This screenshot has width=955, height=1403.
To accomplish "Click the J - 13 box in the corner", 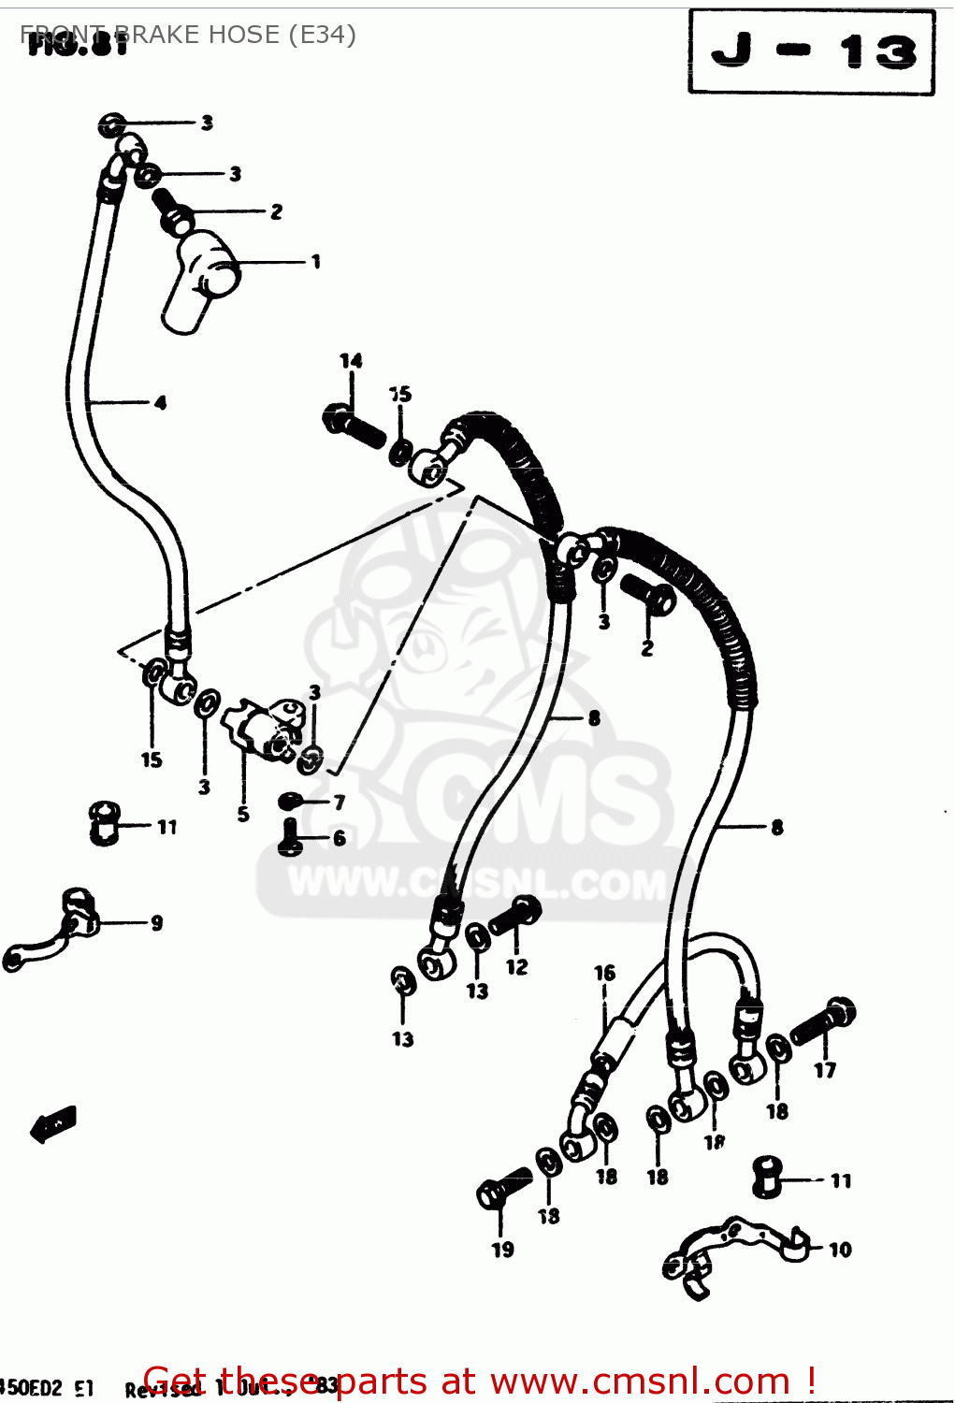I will click(x=811, y=52).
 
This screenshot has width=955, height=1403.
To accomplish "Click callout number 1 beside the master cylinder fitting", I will click(x=316, y=262).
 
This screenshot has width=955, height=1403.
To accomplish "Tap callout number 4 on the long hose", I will click(x=160, y=403).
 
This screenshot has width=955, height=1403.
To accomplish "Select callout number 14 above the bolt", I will click(x=351, y=361).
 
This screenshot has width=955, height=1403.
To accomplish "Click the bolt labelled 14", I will click(x=354, y=427).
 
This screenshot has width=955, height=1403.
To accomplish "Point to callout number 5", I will click(x=243, y=814).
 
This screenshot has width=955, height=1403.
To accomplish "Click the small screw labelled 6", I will click(x=289, y=836).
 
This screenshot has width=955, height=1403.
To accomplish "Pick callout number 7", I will click(x=339, y=803).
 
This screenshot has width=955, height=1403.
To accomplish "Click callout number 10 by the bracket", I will click(x=840, y=1250).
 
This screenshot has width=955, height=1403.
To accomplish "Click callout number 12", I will click(x=516, y=967).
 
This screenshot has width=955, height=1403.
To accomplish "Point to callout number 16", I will click(x=604, y=974).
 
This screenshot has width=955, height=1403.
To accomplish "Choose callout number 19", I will click(x=502, y=1250).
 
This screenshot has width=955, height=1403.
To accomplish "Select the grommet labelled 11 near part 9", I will click(x=104, y=822).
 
